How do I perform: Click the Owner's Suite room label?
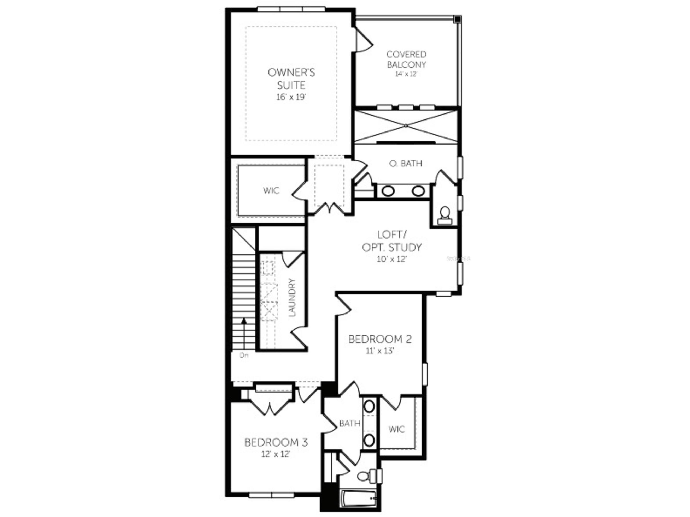(x=291, y=79)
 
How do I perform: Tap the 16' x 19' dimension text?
(x=291, y=97)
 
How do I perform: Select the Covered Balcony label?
(x=406, y=59)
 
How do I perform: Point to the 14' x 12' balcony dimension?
(x=406, y=74)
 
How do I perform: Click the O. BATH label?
(x=406, y=163)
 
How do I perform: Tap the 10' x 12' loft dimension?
(x=392, y=259)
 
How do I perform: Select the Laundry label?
(x=292, y=298)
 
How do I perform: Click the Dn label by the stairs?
(x=244, y=355)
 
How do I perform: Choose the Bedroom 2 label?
(x=380, y=339)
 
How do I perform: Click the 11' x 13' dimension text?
(x=380, y=351)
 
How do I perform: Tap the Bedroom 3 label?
(x=276, y=442)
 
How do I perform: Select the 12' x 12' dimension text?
(x=276, y=454)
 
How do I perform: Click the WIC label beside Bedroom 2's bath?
(x=397, y=429)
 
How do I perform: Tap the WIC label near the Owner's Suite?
(x=271, y=190)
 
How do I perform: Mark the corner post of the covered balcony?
(x=457, y=19)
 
